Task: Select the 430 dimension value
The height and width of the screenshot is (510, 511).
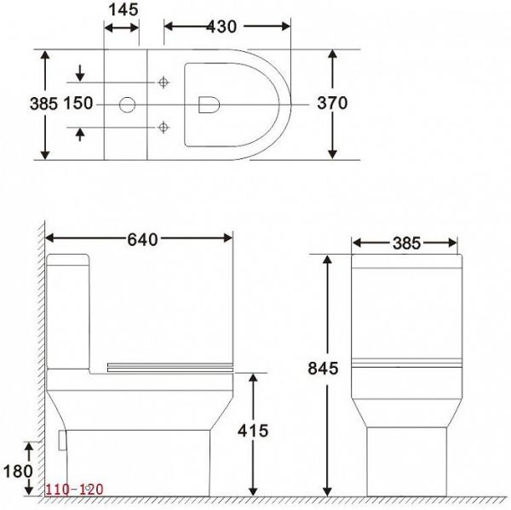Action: [223, 26]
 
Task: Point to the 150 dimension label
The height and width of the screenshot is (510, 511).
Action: [77, 103]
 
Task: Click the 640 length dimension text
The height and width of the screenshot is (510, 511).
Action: [141, 239]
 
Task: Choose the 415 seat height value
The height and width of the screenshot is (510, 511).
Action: [252, 431]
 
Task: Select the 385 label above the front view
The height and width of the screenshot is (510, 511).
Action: [406, 243]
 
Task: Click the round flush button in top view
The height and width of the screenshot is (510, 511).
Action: [126, 105]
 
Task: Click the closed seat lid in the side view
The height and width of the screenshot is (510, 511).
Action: [170, 367]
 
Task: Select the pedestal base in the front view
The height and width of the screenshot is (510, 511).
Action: [406, 460]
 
